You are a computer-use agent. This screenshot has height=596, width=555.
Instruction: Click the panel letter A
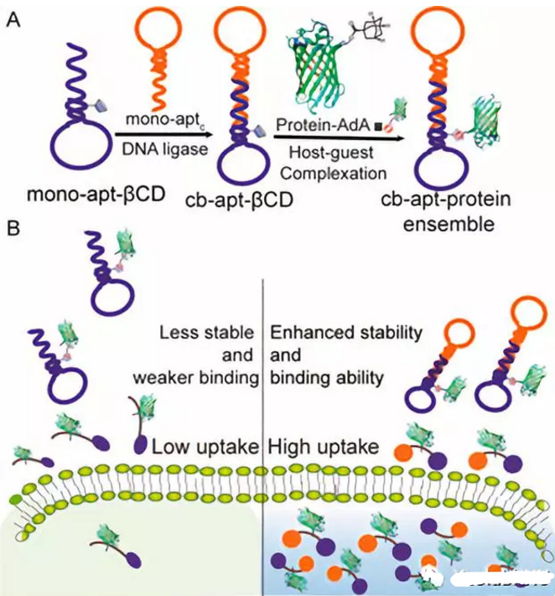coord(13,18)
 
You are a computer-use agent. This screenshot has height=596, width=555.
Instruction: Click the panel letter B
coord(13,227)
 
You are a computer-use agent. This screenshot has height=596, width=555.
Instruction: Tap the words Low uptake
coord(205,445)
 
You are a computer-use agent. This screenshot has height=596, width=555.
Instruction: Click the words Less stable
coord(208,333)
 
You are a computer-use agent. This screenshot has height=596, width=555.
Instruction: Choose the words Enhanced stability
coord(346,333)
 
